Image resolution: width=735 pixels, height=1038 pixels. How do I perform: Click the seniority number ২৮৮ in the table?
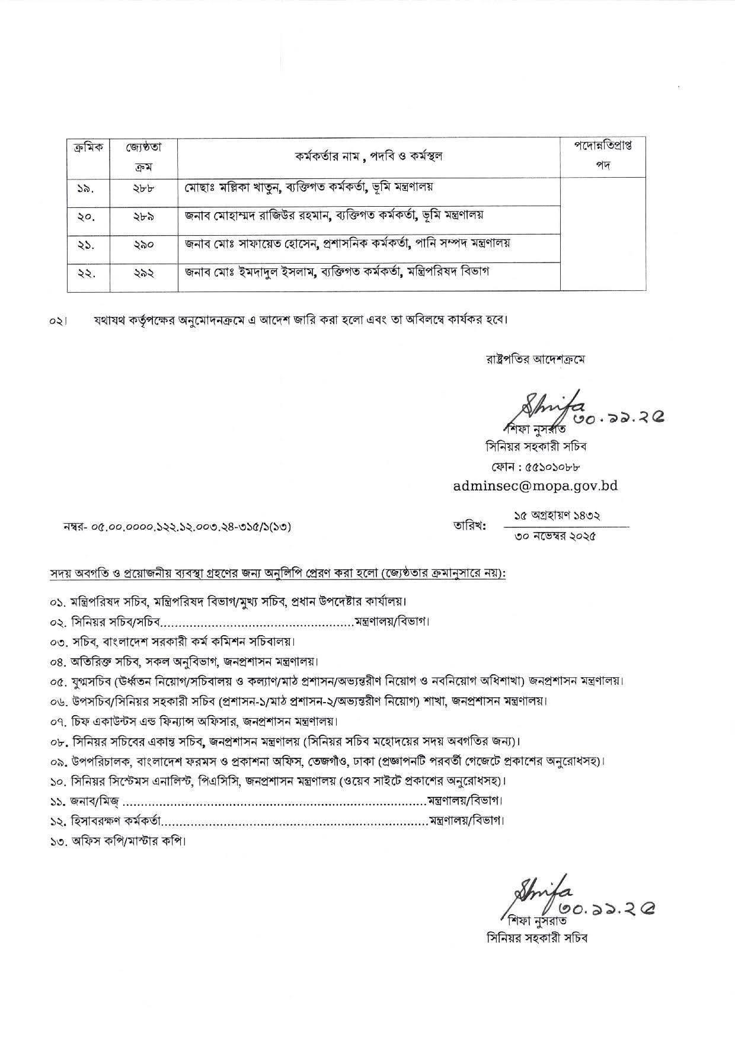(143, 188)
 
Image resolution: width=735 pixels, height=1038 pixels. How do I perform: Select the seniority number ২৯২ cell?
(143, 273)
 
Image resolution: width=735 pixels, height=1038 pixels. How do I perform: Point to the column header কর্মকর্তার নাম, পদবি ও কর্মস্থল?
(369, 156)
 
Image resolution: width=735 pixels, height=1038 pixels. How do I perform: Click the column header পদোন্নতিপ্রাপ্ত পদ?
(603, 156)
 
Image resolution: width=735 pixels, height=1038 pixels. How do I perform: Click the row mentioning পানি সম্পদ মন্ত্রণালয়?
(347, 244)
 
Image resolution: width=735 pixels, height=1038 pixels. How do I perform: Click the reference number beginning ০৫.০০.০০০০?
(178, 526)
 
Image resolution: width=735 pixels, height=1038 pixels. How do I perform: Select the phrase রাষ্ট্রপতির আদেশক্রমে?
(533, 359)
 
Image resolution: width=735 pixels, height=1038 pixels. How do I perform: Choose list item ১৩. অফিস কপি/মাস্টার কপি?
(119, 841)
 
